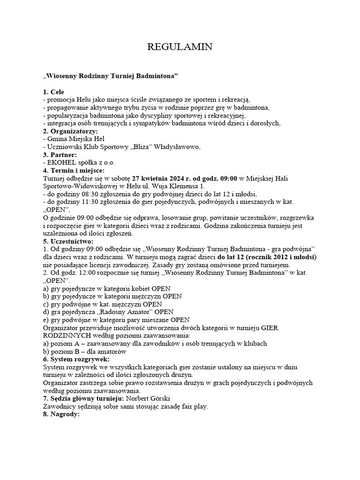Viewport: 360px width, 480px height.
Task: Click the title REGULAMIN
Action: (x=180, y=46)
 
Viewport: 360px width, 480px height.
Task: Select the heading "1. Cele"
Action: (x=53, y=91)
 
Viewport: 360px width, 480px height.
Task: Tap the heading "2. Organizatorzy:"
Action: (x=70, y=131)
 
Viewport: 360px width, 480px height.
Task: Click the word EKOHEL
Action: (x=61, y=162)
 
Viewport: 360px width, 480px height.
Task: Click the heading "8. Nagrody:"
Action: (x=61, y=414)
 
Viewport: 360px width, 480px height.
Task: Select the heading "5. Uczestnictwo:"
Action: (x=68, y=241)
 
